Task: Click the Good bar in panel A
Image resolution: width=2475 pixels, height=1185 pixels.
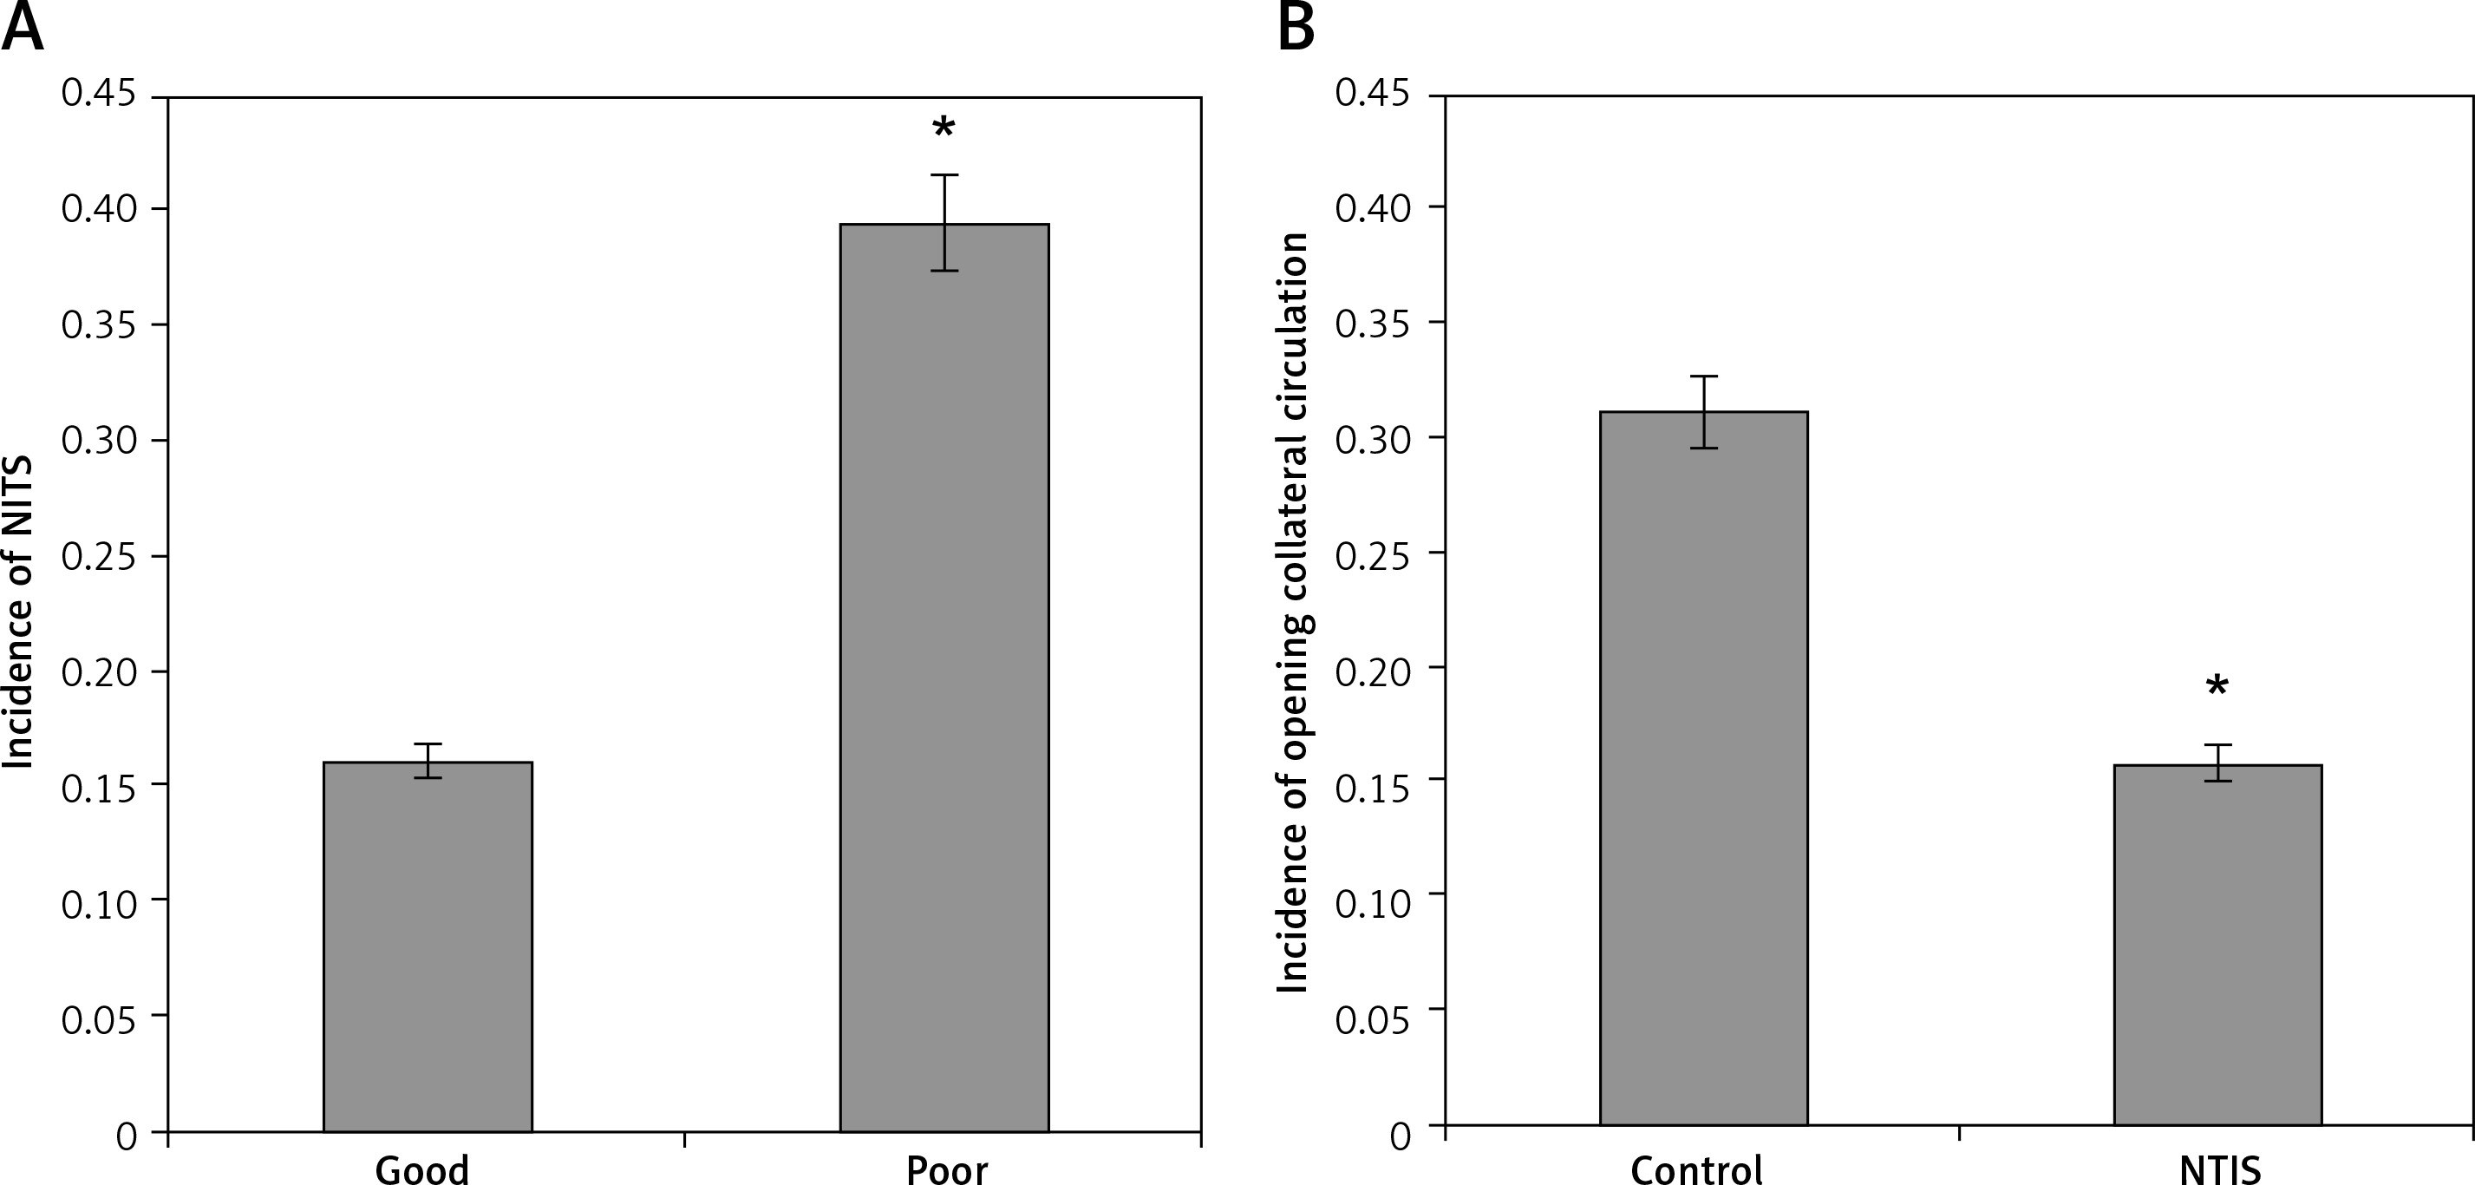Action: point(428,946)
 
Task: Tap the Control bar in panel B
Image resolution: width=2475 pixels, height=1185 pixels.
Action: point(1703,768)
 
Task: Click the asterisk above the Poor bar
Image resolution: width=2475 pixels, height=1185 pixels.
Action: point(944,128)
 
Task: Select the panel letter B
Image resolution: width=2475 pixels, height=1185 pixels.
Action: point(1296,29)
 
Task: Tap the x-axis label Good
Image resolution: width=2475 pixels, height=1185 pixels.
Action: point(421,1169)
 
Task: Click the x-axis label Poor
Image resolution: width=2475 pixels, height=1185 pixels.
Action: point(946,1169)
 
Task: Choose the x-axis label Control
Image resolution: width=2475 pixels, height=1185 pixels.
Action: point(1697,1169)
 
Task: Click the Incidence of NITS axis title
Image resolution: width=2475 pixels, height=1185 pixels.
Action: point(19,612)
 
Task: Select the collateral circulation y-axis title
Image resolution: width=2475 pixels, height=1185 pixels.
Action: point(1293,612)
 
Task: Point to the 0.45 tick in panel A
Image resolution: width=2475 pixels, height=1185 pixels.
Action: point(100,95)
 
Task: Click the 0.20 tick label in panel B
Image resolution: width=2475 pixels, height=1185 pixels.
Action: point(1373,670)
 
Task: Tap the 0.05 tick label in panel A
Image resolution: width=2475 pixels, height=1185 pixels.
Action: point(100,1019)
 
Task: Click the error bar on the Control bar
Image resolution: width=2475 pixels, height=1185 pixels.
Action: point(1703,411)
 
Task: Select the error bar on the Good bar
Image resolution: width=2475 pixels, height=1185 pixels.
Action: point(428,760)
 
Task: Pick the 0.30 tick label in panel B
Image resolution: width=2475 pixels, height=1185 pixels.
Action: point(1373,439)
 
